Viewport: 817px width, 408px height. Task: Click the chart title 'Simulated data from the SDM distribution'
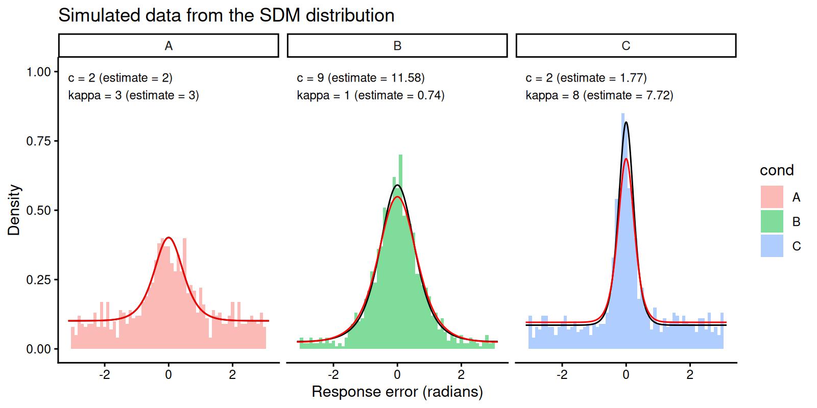226,15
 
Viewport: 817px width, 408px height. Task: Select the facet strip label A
169,46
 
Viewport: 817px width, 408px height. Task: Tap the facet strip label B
397,46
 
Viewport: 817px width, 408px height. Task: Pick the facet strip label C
626,46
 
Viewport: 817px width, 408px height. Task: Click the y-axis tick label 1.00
38,72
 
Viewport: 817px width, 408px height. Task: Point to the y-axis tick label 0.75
38,141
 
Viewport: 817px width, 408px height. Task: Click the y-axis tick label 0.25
38,280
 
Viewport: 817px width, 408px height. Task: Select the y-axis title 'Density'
14,210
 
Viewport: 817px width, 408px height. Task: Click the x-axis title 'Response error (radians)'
397,392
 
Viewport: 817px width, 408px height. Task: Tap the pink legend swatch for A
772,197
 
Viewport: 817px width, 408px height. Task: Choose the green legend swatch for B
772,222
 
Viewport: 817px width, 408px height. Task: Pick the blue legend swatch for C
772,246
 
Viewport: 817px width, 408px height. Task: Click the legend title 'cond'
777,170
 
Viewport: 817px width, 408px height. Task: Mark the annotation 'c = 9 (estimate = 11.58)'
361,78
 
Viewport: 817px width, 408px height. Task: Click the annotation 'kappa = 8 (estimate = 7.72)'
599,95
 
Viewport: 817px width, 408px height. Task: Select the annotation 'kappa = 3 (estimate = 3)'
133,95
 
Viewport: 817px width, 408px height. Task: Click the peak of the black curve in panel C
626,122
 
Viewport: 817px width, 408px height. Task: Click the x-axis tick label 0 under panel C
626,373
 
